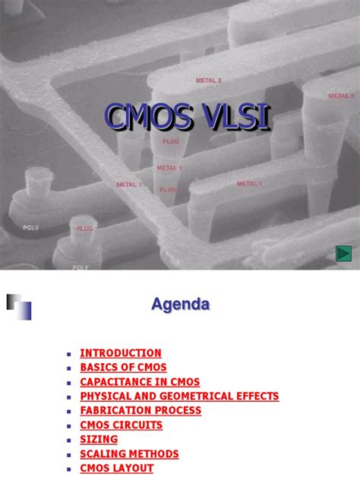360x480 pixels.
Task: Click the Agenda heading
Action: click(180, 305)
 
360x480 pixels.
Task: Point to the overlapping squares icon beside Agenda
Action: click(19, 306)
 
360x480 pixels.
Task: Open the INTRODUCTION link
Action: click(121, 353)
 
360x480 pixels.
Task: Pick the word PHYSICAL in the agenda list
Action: click(106, 396)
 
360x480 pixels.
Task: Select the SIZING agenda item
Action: click(99, 440)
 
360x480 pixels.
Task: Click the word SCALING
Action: click(103, 454)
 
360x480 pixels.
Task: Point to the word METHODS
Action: click(155, 454)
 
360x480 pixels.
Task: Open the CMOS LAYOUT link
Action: click(116, 469)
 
